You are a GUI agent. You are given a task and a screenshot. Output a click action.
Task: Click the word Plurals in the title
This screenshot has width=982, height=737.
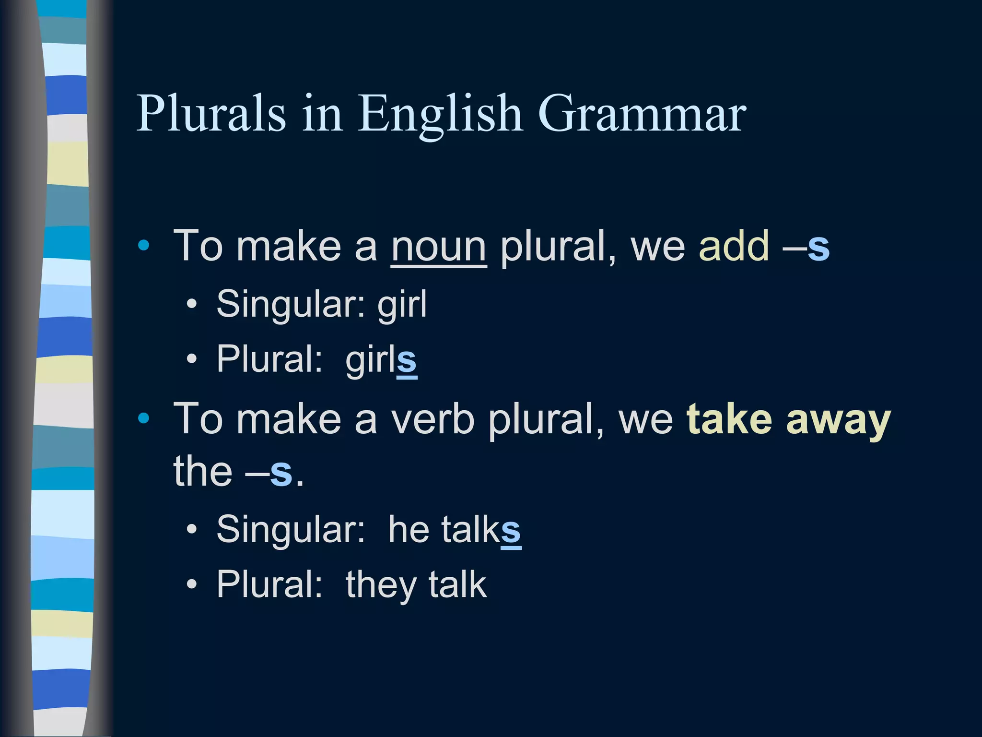pos(211,113)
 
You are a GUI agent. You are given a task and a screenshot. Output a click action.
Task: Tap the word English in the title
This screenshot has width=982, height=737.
pos(440,114)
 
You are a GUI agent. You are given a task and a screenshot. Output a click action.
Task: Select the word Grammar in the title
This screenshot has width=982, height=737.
pos(642,113)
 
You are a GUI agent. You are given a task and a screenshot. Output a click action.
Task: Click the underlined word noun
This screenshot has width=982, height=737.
pos(439,247)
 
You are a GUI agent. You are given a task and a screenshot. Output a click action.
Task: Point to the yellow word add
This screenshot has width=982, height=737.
pos(734,246)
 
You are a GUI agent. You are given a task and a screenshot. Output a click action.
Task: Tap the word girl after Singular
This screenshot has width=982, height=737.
pos(402,304)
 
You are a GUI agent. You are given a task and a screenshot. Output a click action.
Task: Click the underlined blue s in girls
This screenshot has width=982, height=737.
pos(407,361)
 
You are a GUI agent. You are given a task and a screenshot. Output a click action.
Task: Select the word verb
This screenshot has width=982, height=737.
pos(432,419)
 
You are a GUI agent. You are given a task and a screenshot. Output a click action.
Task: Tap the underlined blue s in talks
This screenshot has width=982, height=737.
pos(511,531)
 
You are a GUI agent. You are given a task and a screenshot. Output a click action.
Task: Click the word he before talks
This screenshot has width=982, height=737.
pos(409,529)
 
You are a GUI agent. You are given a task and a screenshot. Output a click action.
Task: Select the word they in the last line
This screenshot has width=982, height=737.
pos(381,585)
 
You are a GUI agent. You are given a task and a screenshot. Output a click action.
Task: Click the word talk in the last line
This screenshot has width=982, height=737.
pos(457,584)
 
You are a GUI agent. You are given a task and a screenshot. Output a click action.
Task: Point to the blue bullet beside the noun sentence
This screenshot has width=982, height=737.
pos(143,246)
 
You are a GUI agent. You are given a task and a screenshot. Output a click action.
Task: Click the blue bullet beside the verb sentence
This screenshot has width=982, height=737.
pos(143,418)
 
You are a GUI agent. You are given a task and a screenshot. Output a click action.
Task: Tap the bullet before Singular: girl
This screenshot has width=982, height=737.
pos(192,304)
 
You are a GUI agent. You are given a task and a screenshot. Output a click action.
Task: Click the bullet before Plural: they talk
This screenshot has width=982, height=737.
pos(192,584)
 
